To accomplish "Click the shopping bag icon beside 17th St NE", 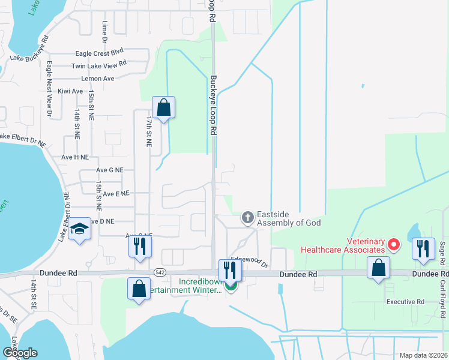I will pos(163,109).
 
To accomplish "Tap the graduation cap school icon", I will pos(79,230).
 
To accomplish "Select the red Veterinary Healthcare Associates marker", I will pos(394,244).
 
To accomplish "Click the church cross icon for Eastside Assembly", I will pos(247,218).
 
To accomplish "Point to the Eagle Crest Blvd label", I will pos(99,53).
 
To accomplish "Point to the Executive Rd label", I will pos(405,302).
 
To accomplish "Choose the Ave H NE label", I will pos(76,157).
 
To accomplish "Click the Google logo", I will pos(20,353).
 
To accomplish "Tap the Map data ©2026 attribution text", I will pos(423,355).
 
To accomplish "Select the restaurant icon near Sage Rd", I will pos(423,248).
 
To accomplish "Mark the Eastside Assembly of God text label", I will pos(288,218).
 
